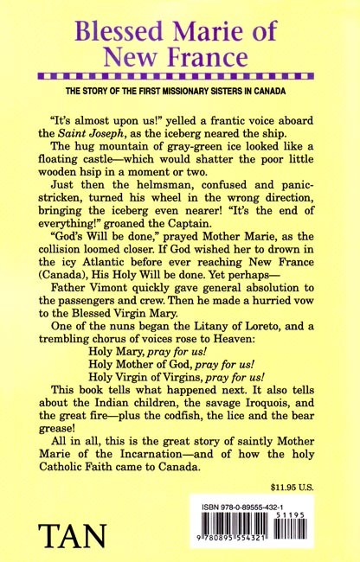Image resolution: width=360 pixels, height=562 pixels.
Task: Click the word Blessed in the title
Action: (122, 36)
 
